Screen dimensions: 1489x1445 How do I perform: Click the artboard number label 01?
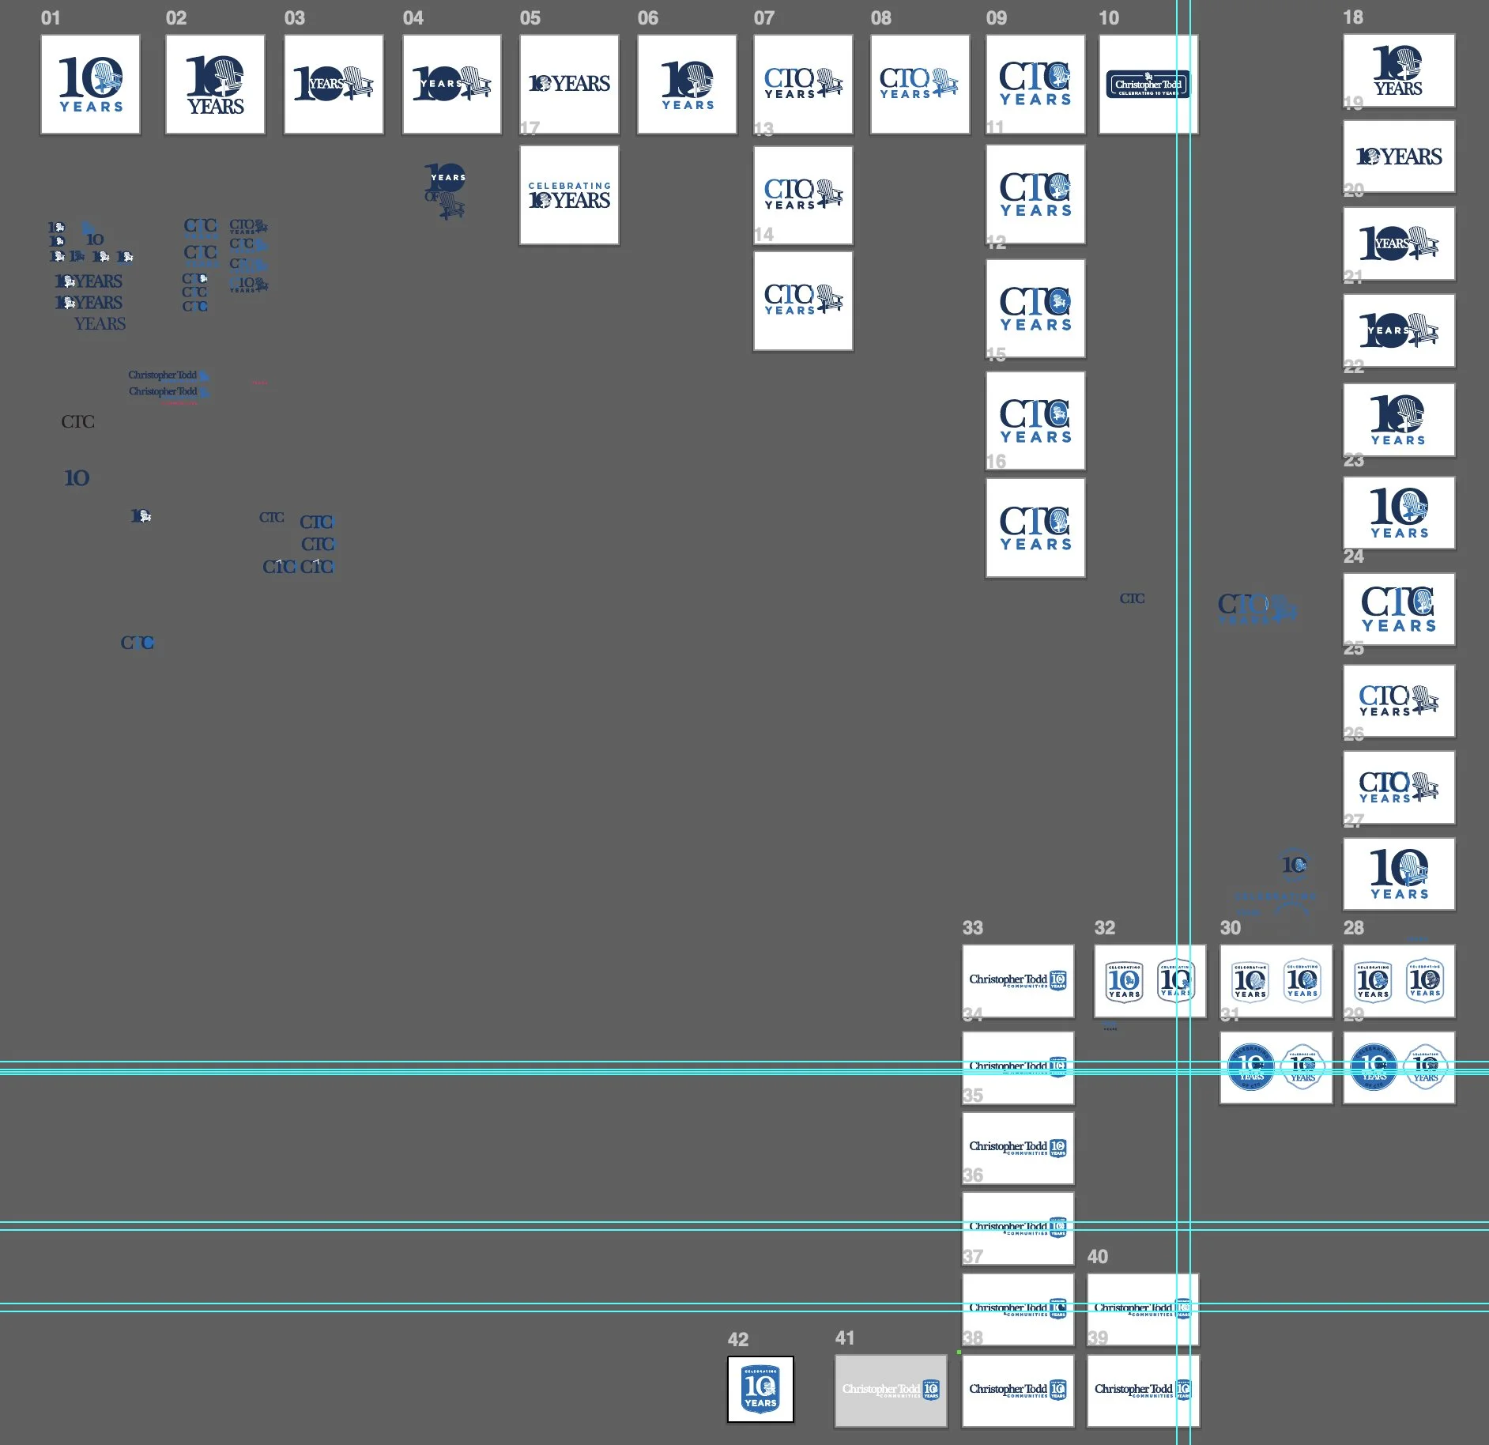coord(51,18)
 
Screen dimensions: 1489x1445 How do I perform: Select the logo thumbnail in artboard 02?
coord(215,85)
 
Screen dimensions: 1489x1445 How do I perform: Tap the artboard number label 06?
coord(647,18)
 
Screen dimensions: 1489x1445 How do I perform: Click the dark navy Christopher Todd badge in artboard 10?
coord(1148,85)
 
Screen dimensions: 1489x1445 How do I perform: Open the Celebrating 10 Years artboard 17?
coord(569,195)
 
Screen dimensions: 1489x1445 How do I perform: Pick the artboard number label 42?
coord(737,1340)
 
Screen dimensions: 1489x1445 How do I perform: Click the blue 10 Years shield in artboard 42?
coord(760,1389)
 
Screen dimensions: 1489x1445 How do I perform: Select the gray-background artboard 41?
coord(891,1390)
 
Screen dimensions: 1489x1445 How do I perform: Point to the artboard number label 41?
coord(845,1338)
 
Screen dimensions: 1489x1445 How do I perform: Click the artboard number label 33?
coord(972,928)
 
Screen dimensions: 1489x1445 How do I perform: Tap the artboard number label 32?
coord(1104,928)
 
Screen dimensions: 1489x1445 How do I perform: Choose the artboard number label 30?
coord(1230,928)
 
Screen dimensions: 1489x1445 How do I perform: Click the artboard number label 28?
coord(1353,928)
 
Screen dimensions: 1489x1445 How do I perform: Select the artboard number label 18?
coord(1352,17)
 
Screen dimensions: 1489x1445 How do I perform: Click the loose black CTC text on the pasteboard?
coord(77,422)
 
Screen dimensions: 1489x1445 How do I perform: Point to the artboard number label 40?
coord(1097,1257)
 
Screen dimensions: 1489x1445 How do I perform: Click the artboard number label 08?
coord(880,18)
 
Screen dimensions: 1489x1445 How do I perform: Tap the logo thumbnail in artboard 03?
coord(334,85)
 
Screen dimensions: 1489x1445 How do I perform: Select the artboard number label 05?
coord(530,18)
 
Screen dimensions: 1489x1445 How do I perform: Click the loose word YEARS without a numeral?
coord(100,324)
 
